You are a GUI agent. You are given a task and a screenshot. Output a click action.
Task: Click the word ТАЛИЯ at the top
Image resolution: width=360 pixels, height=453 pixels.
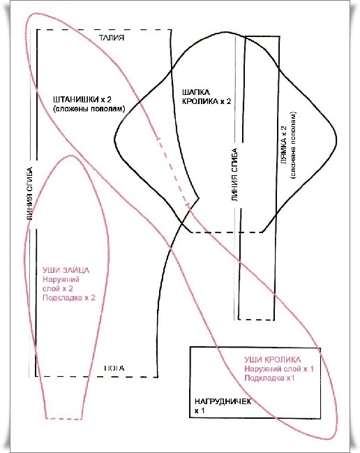[x=112, y=38]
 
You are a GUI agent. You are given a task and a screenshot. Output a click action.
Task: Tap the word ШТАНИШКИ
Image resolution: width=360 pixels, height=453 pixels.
[x=75, y=99]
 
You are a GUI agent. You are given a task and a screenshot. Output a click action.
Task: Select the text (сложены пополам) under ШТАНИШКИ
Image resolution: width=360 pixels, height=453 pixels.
[x=89, y=109]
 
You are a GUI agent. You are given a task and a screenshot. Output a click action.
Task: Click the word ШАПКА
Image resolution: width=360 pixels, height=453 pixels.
[x=196, y=92]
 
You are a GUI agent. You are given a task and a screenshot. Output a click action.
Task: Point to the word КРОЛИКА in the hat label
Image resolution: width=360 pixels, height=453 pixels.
[x=200, y=101]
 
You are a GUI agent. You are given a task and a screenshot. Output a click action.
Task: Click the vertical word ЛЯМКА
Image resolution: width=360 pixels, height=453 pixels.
[x=283, y=145]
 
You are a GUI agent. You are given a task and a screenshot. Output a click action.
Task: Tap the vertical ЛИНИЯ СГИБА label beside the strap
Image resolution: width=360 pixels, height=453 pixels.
[x=234, y=174]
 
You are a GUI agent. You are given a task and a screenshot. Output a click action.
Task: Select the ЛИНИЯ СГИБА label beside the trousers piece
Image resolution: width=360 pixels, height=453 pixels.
[x=29, y=194]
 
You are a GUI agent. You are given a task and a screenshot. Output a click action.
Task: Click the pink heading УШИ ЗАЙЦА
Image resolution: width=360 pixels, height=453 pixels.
[x=66, y=270]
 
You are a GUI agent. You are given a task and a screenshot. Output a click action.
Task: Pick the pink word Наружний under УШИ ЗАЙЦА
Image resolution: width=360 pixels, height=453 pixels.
[x=61, y=279]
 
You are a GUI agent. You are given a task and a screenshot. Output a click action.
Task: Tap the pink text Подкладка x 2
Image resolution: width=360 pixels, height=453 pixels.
[x=68, y=297]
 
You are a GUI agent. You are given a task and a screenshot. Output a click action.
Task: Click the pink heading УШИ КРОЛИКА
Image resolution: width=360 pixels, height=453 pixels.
[x=273, y=359]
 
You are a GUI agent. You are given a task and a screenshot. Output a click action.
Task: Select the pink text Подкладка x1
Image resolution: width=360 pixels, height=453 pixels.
[x=269, y=378]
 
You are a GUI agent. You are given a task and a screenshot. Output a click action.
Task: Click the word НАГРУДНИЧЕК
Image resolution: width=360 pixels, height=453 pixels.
[x=223, y=401]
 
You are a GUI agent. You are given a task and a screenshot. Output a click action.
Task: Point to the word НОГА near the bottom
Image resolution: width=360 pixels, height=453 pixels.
[x=114, y=369]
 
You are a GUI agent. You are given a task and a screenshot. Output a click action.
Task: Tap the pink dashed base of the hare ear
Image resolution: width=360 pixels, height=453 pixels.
[x=64, y=419]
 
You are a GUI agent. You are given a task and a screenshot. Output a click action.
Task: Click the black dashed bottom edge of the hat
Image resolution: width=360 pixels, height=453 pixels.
[x=227, y=232]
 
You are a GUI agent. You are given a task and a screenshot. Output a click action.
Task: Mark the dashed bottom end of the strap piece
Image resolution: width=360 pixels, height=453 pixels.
[x=256, y=320]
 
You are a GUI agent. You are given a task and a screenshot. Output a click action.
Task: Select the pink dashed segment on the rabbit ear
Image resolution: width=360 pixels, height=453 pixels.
[x=172, y=172]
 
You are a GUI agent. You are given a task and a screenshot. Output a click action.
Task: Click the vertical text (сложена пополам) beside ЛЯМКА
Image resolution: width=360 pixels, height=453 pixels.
[x=294, y=145]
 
